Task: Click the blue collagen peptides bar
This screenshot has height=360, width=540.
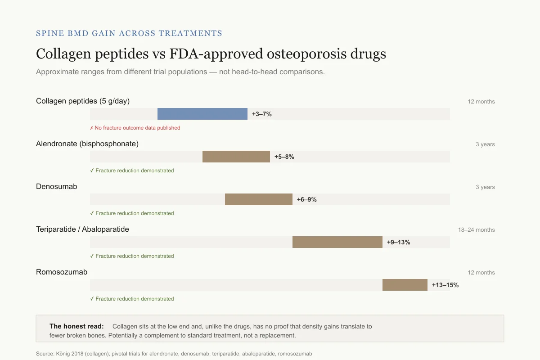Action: tap(202, 114)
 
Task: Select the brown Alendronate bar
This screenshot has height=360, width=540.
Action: tap(236, 157)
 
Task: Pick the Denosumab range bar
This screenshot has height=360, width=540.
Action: tap(259, 199)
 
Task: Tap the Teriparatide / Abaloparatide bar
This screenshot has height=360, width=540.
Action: tap(337, 242)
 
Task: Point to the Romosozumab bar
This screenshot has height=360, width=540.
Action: tap(405, 285)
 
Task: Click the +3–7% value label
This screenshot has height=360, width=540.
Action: tap(262, 114)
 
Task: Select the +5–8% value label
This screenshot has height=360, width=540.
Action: tap(284, 157)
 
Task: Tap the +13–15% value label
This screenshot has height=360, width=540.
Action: tap(445, 285)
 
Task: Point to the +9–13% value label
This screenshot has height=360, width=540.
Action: tap(399, 243)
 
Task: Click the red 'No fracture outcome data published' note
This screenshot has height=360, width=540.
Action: tap(135, 128)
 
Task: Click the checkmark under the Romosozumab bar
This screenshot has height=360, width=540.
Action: tap(92, 298)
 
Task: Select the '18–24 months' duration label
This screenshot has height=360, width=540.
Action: tap(477, 230)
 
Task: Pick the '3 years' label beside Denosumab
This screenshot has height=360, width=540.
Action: tap(485, 187)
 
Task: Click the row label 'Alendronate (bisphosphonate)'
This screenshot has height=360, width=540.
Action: tap(87, 144)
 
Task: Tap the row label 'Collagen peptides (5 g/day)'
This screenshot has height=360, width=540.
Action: tap(83, 101)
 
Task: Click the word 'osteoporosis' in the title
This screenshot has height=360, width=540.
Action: tap(306, 54)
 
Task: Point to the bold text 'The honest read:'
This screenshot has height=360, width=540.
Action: tap(76, 326)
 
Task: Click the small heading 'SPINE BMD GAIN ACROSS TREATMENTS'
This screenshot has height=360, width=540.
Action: tap(129, 33)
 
